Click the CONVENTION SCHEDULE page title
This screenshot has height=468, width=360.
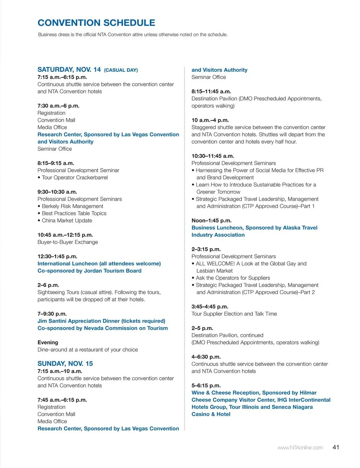pos(96,23)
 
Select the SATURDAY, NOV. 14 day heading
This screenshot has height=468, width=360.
pos(69,69)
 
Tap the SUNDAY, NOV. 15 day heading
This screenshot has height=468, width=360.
pos(65,364)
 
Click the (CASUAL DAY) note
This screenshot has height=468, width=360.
pos(121,70)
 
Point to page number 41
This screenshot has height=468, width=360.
pos(336,447)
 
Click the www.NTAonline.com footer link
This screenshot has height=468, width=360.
pos(300,447)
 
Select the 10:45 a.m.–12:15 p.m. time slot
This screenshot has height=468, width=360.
pos(65,235)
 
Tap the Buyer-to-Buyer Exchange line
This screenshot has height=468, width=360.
pos(67,242)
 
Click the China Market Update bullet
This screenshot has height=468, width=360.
pos(67,221)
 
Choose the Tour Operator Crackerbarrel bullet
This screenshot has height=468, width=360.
pos(75,178)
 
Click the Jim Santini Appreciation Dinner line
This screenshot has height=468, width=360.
pos(101,321)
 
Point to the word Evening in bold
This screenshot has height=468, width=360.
pos(48,342)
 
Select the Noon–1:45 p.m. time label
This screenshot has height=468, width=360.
pos(211,221)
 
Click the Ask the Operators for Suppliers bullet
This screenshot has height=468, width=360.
pos(232,278)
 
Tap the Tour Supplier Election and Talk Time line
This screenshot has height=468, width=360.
pos(234,314)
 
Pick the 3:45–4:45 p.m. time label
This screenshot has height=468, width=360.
pos(210,307)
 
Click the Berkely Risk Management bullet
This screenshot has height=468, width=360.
pos(72,206)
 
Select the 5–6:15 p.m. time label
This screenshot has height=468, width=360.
pos(206,385)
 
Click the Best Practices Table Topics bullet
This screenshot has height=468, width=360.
pos(74,213)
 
